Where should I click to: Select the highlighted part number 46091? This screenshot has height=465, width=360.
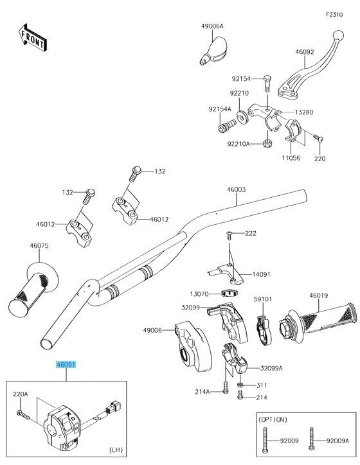[x=66, y=364]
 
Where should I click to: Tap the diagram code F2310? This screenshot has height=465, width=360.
[x=334, y=14]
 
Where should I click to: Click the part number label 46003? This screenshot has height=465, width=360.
[x=236, y=189]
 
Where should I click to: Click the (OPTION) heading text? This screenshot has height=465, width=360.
[x=274, y=419]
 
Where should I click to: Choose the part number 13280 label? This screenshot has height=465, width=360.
[x=304, y=112]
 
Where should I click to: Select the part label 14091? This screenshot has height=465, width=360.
[x=260, y=274]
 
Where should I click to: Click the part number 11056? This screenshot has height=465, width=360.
[x=291, y=157]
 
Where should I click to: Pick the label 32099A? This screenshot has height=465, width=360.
[x=272, y=369]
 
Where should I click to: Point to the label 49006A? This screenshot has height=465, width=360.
[x=212, y=26]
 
